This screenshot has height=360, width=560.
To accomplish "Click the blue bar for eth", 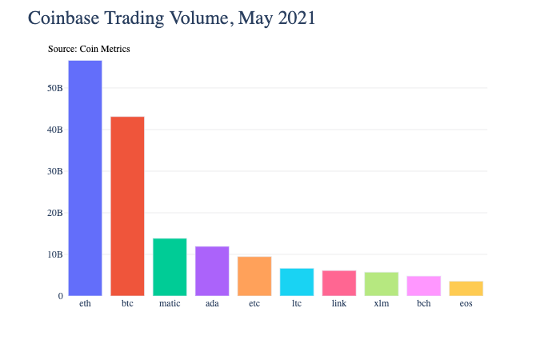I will [x=85, y=178].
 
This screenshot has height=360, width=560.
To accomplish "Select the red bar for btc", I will [x=127, y=206].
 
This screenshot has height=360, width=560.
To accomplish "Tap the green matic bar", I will [x=170, y=266].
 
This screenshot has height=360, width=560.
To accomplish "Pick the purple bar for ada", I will [x=212, y=270].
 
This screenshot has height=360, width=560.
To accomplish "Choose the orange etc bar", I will [x=254, y=276].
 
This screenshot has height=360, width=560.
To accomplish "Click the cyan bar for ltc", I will [x=297, y=282].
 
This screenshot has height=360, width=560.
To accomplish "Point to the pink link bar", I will [x=339, y=283].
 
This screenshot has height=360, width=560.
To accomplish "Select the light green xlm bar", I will [x=382, y=284].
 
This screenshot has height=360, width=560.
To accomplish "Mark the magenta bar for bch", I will [x=424, y=286].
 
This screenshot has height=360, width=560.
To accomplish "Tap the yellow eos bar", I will [x=466, y=288].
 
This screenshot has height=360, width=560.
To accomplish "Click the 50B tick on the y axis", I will [x=54, y=88].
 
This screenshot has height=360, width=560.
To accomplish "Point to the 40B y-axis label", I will [x=54, y=130].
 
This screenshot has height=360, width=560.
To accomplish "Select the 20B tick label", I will [x=54, y=213].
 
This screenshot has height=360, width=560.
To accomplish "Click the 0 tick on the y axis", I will [x=60, y=296].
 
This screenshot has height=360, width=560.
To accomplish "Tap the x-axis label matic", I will [x=170, y=304].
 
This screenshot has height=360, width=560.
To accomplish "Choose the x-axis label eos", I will [x=466, y=304].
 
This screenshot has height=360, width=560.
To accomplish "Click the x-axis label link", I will [x=339, y=304].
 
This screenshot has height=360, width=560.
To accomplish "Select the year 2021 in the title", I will [x=297, y=18].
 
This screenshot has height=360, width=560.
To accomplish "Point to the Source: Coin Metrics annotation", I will [x=89, y=49].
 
